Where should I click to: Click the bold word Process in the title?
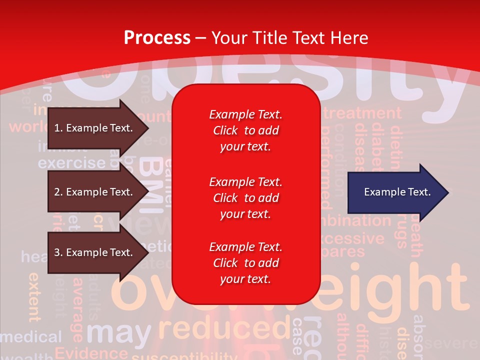click(157, 37)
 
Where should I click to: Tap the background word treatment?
click(362, 113)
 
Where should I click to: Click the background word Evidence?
click(91, 352)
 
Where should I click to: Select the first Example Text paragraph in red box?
click(245, 130)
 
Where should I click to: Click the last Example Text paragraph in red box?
click(245, 263)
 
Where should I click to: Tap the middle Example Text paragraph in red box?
click(245, 197)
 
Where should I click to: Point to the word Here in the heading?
click(349, 37)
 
